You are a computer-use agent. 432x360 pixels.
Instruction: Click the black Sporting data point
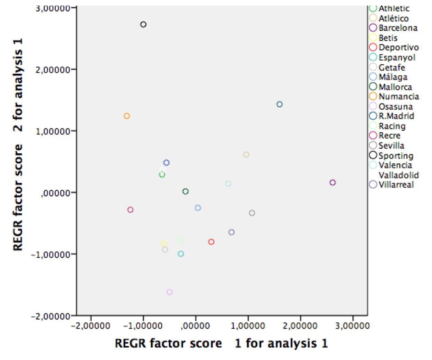click(143, 24)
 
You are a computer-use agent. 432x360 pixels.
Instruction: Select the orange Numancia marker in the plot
click(127, 116)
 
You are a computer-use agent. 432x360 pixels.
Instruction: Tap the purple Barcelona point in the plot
click(333, 182)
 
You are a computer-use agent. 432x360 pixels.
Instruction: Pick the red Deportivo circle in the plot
click(211, 242)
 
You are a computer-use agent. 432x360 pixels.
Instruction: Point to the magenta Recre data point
click(130, 210)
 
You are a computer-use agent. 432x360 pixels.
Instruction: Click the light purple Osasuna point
click(169, 292)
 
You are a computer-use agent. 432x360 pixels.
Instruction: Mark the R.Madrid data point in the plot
click(280, 104)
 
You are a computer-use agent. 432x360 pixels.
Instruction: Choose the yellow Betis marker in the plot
click(164, 244)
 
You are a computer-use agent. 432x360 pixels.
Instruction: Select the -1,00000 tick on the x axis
click(143, 326)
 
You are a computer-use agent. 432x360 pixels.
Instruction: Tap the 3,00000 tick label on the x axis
click(353, 326)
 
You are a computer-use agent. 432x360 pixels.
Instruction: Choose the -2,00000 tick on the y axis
click(51, 316)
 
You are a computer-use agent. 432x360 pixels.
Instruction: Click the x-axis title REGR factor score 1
click(221, 343)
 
